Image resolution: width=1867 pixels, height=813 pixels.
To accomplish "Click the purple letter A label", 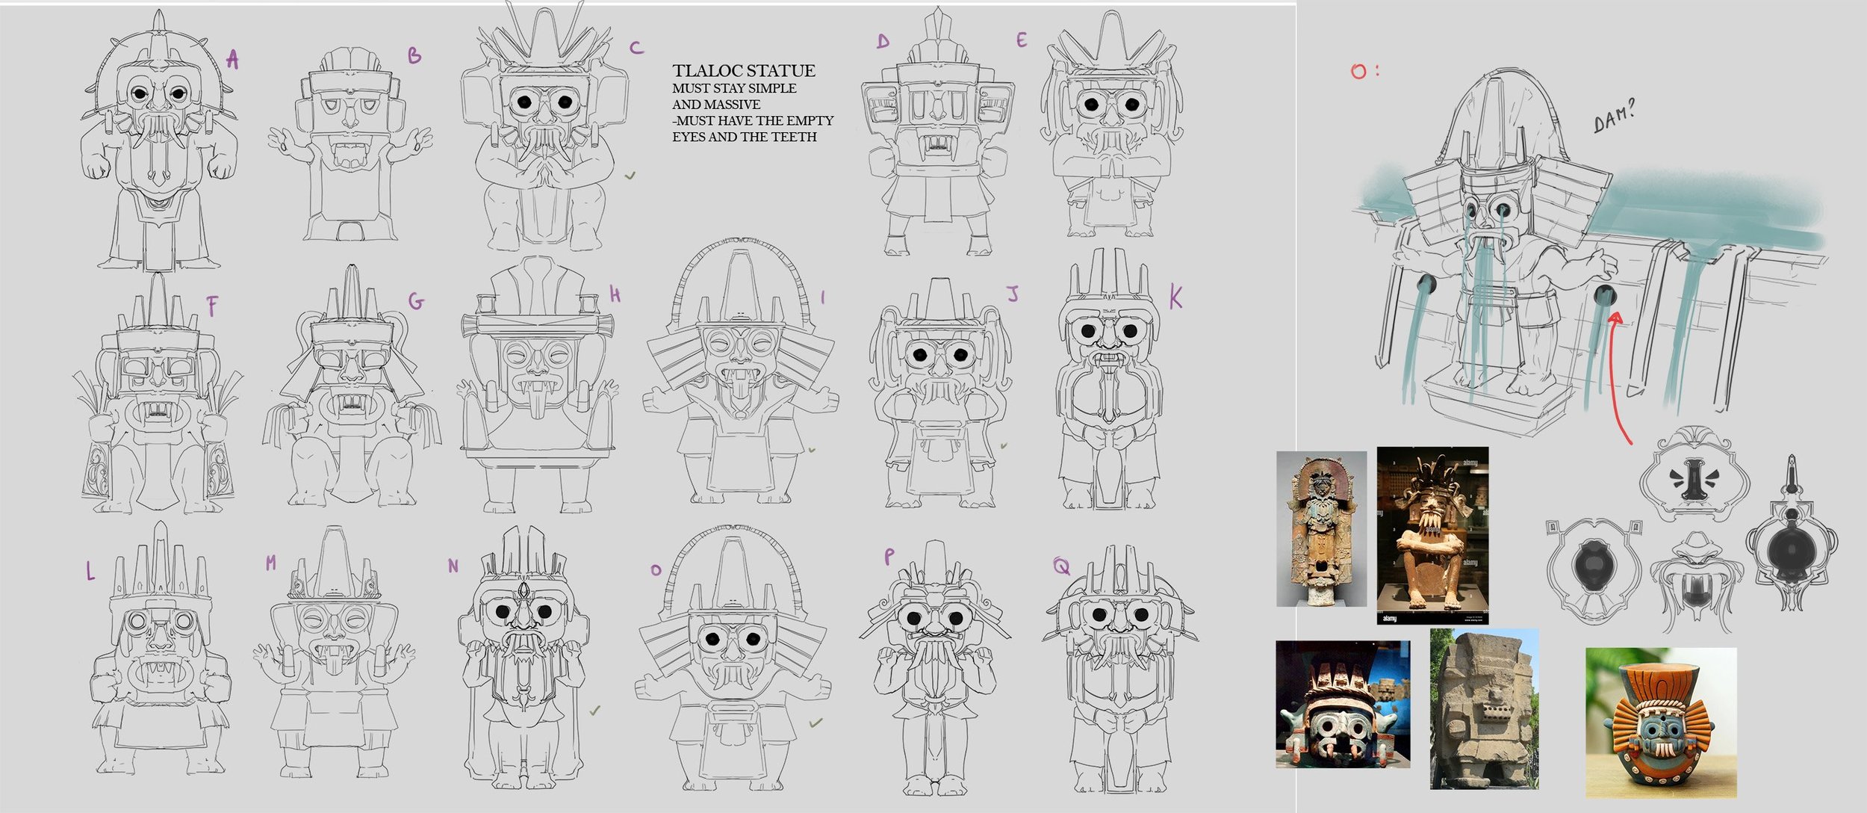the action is coord(233,59).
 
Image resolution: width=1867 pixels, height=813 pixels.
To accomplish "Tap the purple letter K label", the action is coord(1175,298).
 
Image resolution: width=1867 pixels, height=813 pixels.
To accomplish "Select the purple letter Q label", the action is coord(1060,567).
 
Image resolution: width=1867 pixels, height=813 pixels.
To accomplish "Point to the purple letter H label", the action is coord(615,295).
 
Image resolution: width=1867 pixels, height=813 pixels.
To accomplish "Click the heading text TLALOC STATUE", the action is coord(744,71).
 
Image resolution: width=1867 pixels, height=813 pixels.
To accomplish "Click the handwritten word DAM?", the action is coord(1615,117).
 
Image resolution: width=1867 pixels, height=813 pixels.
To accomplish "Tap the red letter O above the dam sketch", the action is coord(1359,72).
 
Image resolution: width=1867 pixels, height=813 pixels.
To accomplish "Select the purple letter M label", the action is coord(270,563).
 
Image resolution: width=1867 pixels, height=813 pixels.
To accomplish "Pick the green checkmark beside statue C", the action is coord(630,176).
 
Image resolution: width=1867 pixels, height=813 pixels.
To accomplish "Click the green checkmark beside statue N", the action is coord(594,711).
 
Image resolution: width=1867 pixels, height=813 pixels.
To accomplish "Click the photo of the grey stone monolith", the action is coord(1484,708).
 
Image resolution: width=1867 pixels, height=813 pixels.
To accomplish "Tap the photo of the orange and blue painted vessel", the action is coord(1661,722).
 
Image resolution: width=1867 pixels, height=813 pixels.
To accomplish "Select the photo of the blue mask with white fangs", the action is coord(1343,704).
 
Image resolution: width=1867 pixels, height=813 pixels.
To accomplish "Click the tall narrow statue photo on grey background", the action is coord(1321,529).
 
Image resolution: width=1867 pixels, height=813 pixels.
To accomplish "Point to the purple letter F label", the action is coord(213,306).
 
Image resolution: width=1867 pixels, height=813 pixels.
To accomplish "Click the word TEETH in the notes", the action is coord(794,137).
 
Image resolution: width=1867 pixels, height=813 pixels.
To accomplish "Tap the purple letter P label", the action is coord(889,556).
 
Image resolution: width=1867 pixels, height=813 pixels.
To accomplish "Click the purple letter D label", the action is coord(883,41).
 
